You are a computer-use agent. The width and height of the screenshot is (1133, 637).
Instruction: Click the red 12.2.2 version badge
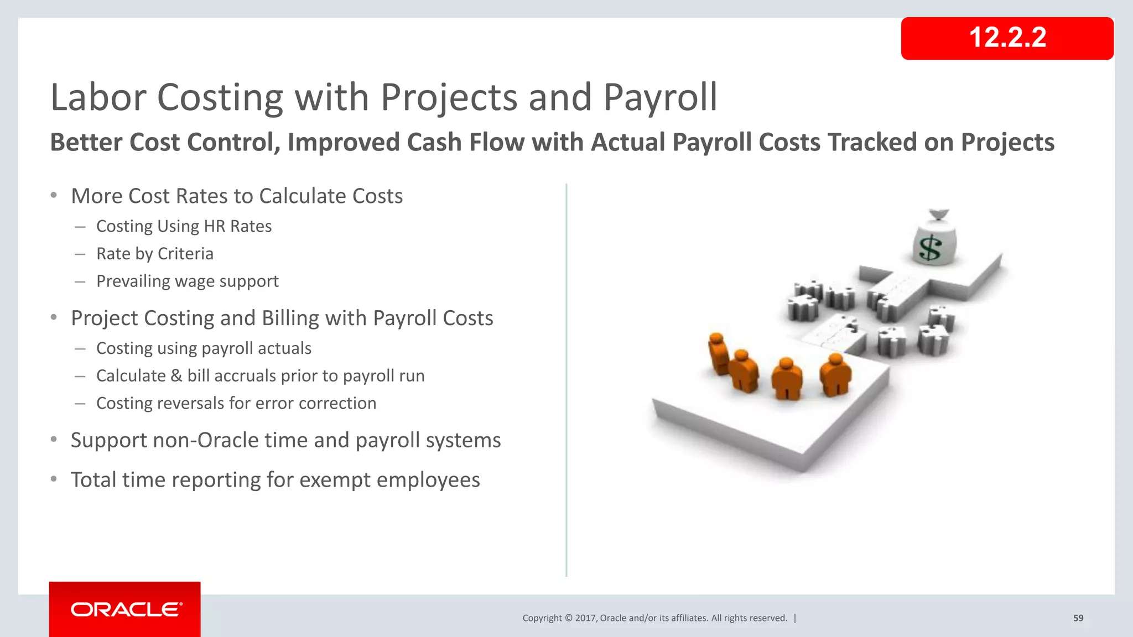(x=1007, y=38)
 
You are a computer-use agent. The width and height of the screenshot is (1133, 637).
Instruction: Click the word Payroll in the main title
(x=660, y=98)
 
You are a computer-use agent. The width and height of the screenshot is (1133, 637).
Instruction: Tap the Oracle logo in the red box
(x=126, y=609)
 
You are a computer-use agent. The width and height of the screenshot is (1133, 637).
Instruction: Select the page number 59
(x=1078, y=618)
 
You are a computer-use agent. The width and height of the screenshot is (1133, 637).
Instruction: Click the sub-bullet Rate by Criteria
(x=155, y=254)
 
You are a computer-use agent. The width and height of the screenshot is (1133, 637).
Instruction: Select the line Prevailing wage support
(x=187, y=281)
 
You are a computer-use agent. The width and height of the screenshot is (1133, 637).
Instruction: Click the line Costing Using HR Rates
(x=184, y=226)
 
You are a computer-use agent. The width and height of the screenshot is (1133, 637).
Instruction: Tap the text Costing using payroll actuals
(x=204, y=348)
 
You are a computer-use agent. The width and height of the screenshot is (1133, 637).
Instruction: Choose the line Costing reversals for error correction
(x=236, y=404)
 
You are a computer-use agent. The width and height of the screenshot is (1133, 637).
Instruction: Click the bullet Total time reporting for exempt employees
(x=275, y=480)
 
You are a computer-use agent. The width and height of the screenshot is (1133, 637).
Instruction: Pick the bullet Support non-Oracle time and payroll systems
(x=285, y=441)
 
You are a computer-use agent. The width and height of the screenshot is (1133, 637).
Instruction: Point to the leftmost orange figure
(x=719, y=354)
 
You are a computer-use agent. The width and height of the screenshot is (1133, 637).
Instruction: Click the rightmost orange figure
(x=835, y=375)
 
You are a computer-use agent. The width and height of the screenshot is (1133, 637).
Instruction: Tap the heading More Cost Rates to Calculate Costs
(x=237, y=196)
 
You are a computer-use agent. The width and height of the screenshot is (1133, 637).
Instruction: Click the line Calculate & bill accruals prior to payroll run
(x=260, y=376)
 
